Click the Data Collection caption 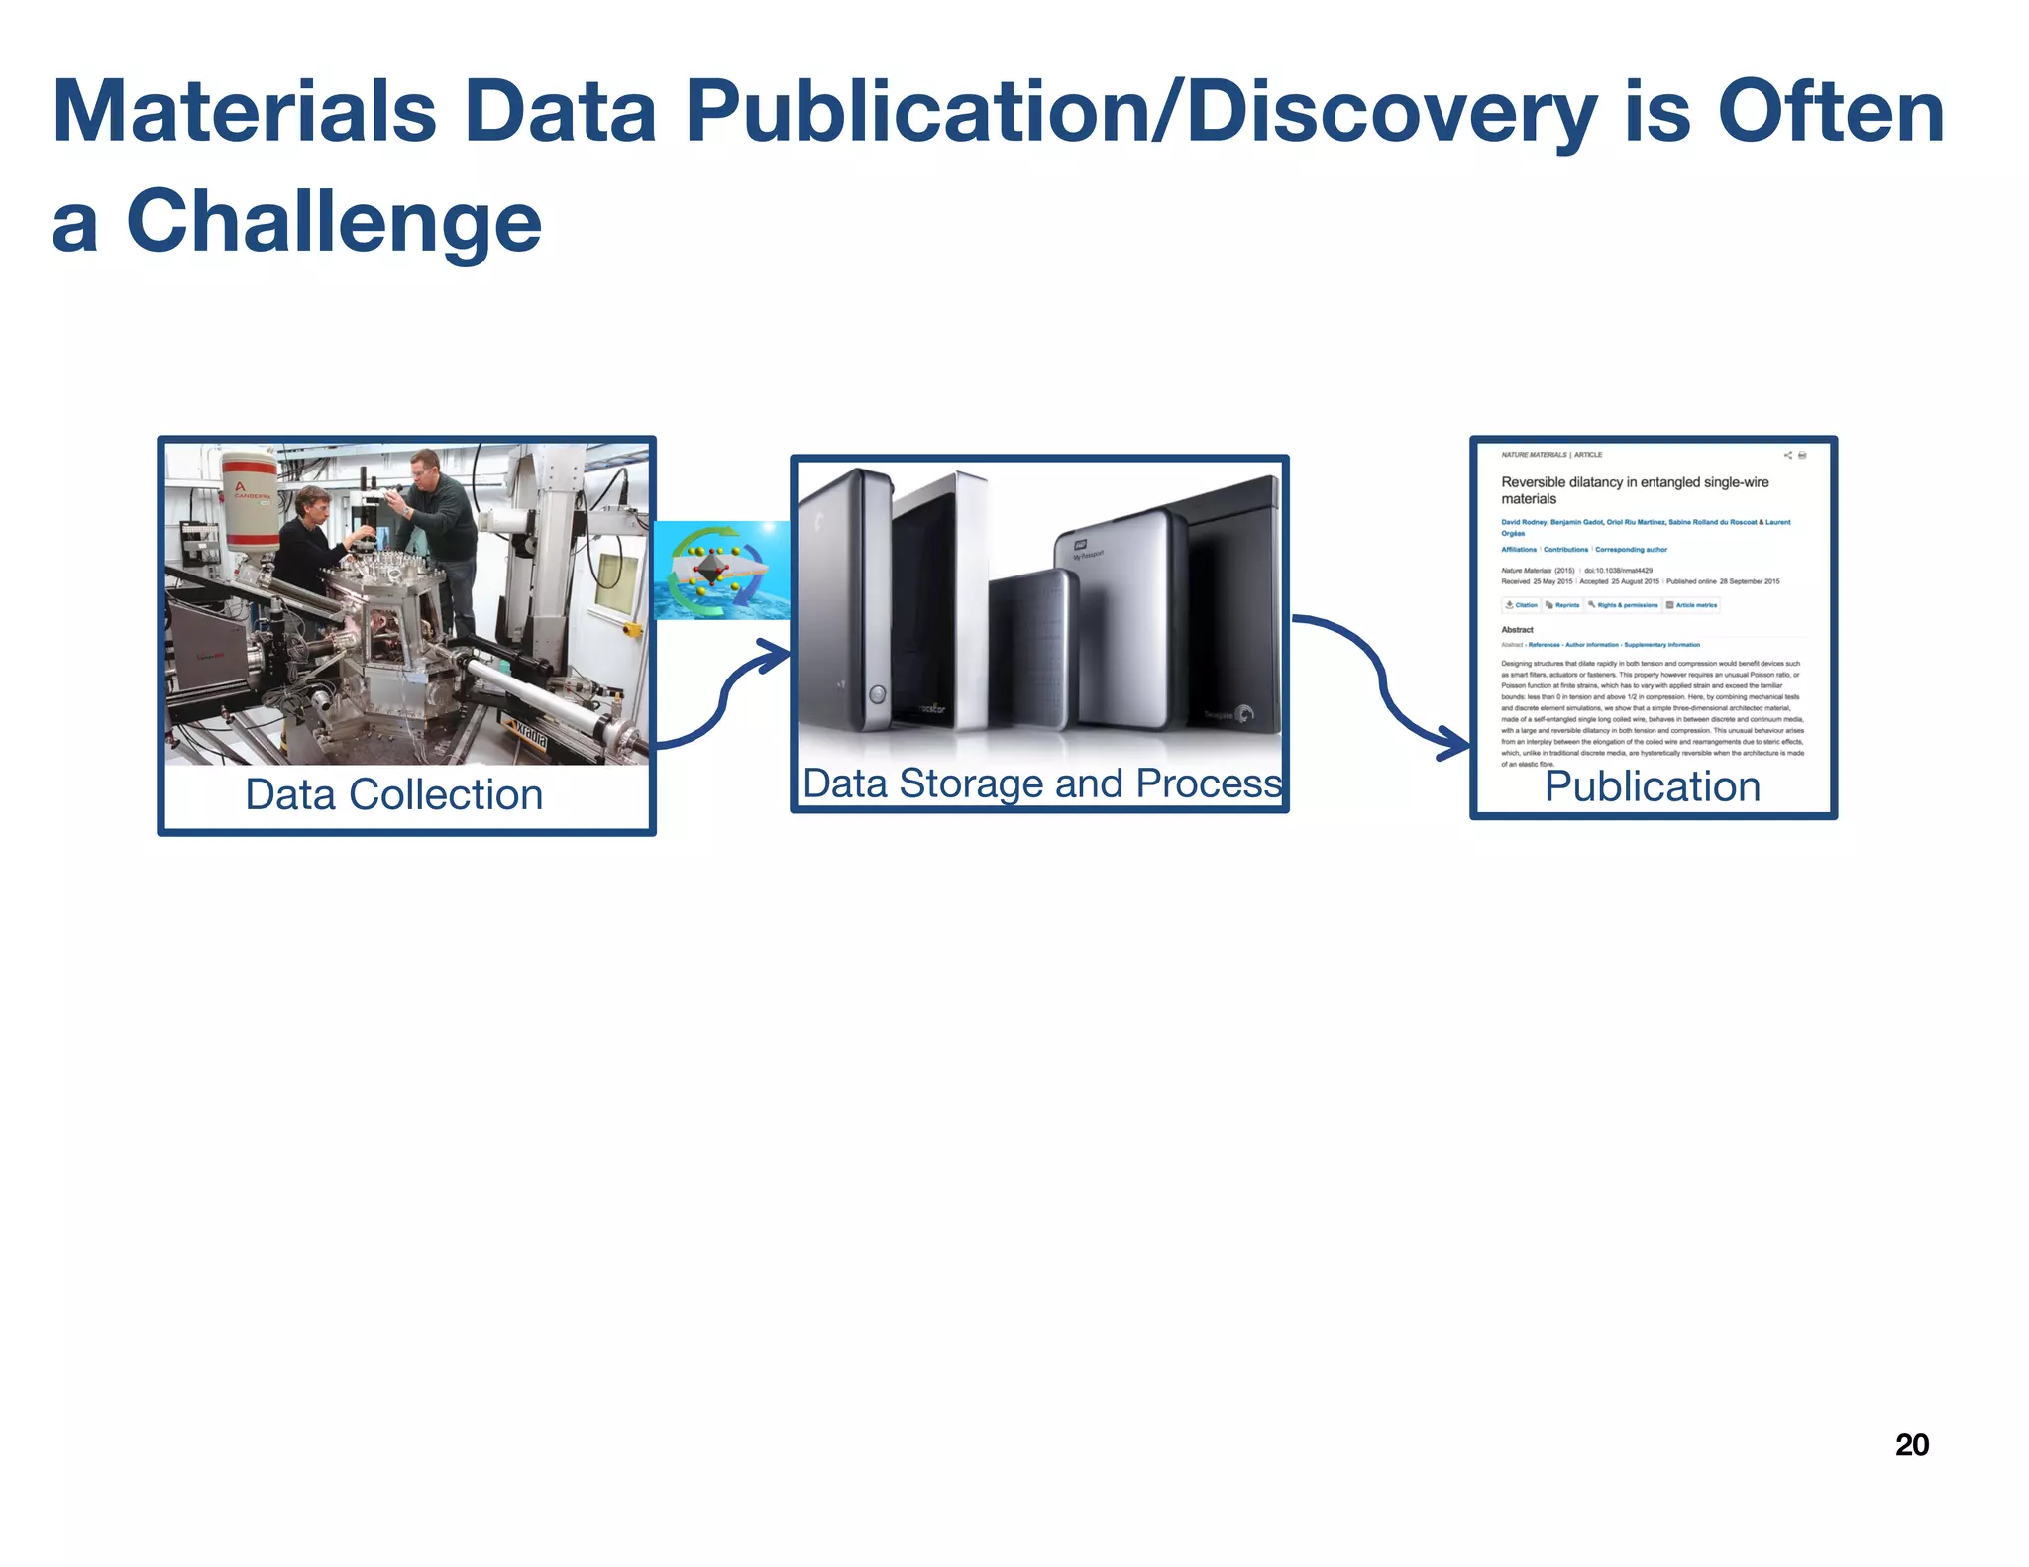coord(393,794)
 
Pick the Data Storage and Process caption coord(1041,783)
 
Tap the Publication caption coord(1653,786)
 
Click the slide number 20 coord(1911,1444)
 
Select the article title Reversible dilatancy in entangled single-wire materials coord(1635,490)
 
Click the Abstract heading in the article coord(1517,629)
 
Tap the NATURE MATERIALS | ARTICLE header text coord(1551,455)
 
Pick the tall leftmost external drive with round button coord(847,604)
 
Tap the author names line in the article coord(1645,522)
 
